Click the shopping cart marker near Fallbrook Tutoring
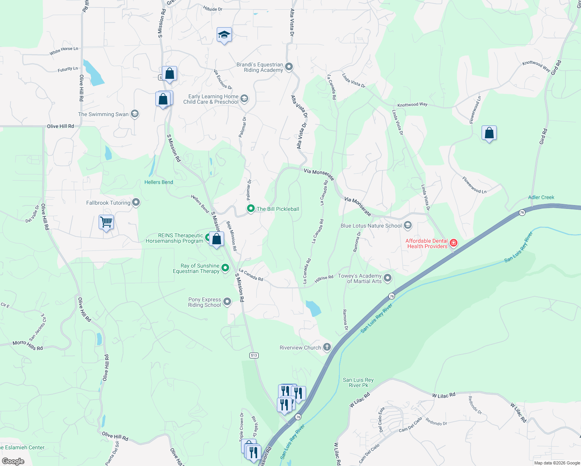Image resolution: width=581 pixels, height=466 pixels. pos(106,223)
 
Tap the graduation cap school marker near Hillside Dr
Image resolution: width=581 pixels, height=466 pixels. pos(224,35)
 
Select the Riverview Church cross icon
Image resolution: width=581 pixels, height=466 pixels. pos(327,347)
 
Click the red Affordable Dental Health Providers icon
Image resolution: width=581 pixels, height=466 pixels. pos(453,243)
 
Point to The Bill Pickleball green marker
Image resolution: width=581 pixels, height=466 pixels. pos(251,209)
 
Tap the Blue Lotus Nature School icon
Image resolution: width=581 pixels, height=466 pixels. pos(407,225)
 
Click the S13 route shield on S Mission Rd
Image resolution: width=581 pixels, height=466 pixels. pos(254,355)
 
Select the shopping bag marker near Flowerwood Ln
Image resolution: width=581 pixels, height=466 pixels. pos(489,133)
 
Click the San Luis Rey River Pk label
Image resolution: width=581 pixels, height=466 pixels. pos(358,383)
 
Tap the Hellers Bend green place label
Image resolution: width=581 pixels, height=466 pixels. pos(158,182)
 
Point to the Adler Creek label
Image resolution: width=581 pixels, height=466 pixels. pos(541,197)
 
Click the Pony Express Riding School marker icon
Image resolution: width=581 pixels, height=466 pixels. pos(227,302)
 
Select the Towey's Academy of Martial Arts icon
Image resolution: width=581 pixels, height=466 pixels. pos(387,278)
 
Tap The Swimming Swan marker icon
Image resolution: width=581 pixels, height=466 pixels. pos(134,114)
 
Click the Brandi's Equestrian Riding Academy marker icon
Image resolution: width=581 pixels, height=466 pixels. pos(289,67)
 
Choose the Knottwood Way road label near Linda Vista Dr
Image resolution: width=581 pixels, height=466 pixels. pos(412,105)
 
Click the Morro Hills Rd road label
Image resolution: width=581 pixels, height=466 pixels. pos(28,345)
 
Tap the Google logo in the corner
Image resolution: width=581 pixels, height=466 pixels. pos(13,461)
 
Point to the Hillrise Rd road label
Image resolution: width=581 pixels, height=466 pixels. pos(324,279)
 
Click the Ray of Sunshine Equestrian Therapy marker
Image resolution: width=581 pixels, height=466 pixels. pos(225,268)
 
